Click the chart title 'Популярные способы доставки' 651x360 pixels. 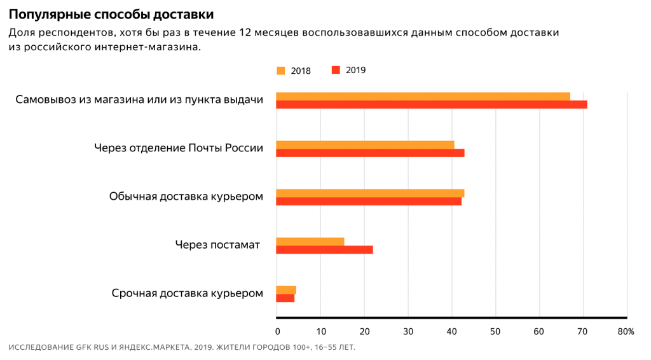(x=111, y=14)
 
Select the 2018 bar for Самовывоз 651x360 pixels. (x=423, y=96)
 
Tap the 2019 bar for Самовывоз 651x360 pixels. (x=431, y=104)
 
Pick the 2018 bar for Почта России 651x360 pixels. (x=365, y=144)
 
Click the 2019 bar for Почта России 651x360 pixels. (x=370, y=153)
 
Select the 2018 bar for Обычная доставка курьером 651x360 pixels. (x=370, y=193)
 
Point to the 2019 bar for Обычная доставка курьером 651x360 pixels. (x=369, y=201)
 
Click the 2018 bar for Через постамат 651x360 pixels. (x=310, y=241)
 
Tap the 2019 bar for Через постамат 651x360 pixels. (x=324, y=249)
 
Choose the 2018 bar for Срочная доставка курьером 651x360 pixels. (x=286, y=290)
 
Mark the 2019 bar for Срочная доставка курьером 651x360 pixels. (x=285, y=298)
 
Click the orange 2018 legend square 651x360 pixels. (x=281, y=71)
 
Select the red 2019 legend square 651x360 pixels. (x=336, y=70)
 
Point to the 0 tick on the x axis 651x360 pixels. (x=277, y=331)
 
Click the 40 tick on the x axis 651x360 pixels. (x=452, y=331)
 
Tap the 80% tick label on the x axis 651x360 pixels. (x=626, y=331)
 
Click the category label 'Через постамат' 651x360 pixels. (x=217, y=244)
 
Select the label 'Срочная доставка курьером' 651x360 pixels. (x=187, y=293)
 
